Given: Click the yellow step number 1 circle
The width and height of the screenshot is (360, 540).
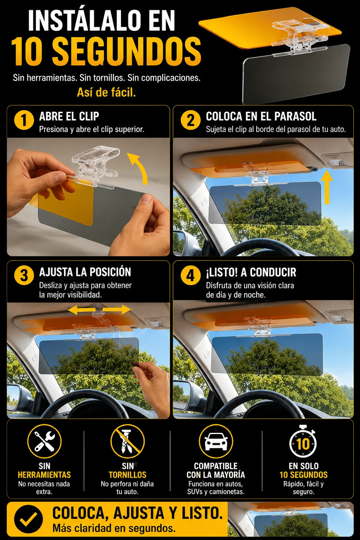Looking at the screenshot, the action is point(24,120).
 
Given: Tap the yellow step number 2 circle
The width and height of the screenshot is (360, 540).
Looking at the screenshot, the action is point(191,120).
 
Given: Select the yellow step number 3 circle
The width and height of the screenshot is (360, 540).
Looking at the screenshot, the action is point(24,275).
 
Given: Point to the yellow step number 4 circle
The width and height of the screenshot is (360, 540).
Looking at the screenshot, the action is point(191,275).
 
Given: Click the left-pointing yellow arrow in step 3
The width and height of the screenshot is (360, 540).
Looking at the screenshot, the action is point(82,310).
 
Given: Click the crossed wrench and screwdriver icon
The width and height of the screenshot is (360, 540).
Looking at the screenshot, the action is point(44,442).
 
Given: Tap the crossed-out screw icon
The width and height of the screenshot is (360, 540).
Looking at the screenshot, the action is point(128,442).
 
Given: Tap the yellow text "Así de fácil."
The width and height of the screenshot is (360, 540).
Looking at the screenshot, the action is point(106,92).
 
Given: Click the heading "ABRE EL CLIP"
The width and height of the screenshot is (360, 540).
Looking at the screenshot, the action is point(69,116).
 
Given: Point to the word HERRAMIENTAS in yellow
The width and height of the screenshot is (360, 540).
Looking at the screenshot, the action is point(44,475).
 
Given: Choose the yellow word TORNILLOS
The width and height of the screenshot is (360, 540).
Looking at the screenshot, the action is point(128,475).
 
